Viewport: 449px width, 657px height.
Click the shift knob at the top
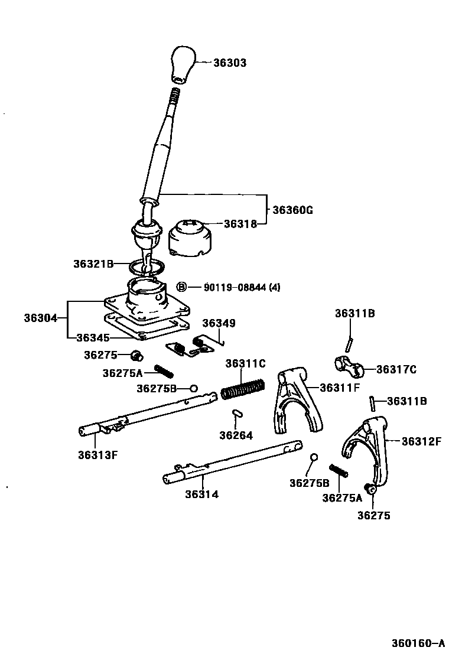pos(183,63)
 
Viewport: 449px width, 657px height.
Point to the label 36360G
pos(292,210)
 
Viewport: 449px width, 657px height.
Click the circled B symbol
pos(183,287)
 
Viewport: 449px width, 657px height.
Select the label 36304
pos(40,318)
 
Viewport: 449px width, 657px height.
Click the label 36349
pos(219,323)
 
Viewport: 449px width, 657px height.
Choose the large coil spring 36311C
pos(242,390)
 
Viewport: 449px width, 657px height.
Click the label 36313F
pos(97,454)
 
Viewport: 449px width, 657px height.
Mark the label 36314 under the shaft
pos(201,494)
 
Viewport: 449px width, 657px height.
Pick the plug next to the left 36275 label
pos(136,355)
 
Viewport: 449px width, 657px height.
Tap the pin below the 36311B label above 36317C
pos(350,343)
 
